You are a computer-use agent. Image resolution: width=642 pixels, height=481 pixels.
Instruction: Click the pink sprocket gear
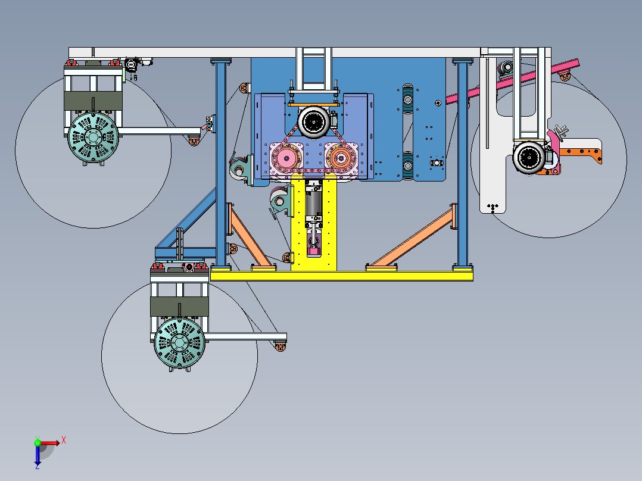[x=285, y=158]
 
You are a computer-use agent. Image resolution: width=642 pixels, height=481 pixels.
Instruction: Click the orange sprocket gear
[x=340, y=158]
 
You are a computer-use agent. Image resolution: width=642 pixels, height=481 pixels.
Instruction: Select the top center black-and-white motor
[x=314, y=121]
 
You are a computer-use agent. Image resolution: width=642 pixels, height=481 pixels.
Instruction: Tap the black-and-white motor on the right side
[x=529, y=157]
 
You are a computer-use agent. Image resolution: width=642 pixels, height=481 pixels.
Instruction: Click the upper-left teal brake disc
[x=93, y=137]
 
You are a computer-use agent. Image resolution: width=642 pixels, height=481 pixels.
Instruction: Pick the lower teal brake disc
[x=179, y=343]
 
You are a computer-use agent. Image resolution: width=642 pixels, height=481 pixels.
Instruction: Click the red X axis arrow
[x=49, y=443]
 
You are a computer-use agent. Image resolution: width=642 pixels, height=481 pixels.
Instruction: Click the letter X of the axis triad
[x=64, y=441]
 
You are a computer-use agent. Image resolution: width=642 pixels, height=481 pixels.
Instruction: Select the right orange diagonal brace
[x=412, y=236]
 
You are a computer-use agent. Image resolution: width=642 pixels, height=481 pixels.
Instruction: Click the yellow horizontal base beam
[x=341, y=276]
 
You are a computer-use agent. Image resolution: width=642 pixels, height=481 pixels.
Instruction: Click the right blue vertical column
[x=463, y=164]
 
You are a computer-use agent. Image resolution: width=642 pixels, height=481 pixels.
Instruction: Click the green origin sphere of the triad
[x=38, y=443]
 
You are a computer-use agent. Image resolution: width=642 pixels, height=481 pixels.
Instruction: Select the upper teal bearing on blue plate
[x=408, y=99]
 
